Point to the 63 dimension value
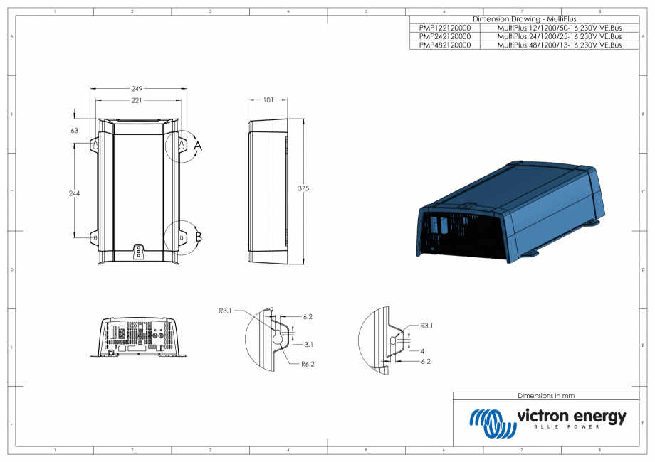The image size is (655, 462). click(74, 131)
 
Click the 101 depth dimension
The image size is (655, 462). click(268, 100)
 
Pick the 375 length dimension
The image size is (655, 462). click(304, 188)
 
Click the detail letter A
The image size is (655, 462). click(198, 146)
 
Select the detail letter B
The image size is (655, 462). click(199, 237)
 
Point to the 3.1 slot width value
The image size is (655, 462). click(308, 344)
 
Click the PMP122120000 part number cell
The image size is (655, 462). click(445, 27)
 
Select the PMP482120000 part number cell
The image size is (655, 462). click(445, 45)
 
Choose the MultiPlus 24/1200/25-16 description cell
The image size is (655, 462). click(559, 36)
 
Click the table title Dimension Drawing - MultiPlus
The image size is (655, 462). click(524, 18)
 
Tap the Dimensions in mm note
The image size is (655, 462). click(545, 396)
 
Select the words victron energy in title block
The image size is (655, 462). click(571, 416)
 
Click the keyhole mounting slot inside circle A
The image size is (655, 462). click(182, 146)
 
